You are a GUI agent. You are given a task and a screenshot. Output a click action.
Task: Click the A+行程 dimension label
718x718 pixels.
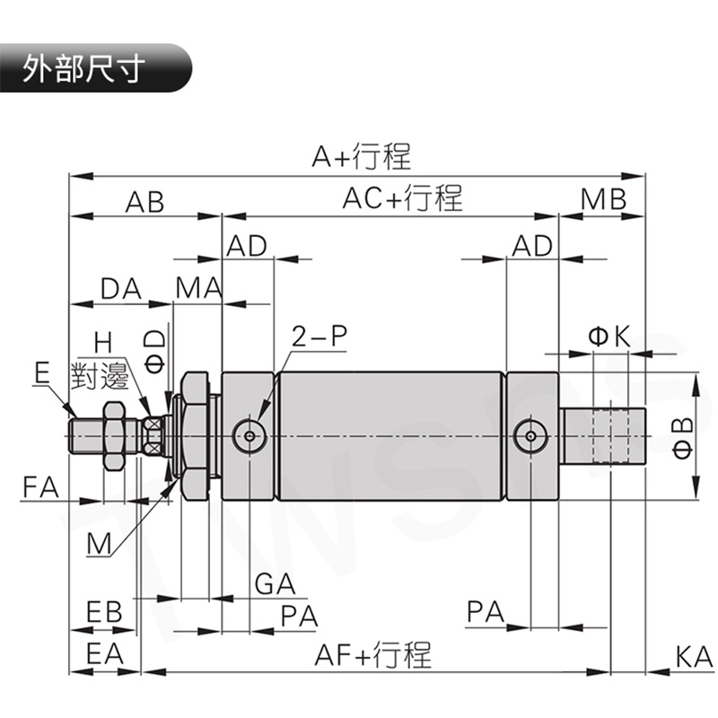[361, 157]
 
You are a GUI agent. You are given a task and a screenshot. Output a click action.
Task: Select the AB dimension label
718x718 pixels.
[144, 201]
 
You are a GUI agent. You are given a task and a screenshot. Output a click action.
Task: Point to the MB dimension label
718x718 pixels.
[602, 200]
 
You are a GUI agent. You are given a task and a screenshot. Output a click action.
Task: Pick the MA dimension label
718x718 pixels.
[198, 289]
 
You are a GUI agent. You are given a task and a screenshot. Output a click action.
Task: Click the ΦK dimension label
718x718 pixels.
[609, 337]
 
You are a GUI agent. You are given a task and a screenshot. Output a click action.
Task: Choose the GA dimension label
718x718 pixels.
[275, 584]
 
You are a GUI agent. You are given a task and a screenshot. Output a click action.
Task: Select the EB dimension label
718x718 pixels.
[104, 612]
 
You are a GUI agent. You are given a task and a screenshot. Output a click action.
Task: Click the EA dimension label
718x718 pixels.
[104, 654]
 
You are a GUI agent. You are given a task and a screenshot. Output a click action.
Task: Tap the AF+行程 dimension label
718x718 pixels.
[372, 654]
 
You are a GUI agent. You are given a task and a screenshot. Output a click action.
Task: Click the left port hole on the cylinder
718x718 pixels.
[249, 436]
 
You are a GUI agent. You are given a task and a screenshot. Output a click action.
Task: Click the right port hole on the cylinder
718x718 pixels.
[531, 436]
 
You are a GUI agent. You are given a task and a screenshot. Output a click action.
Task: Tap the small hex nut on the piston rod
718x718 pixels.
[111, 435]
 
